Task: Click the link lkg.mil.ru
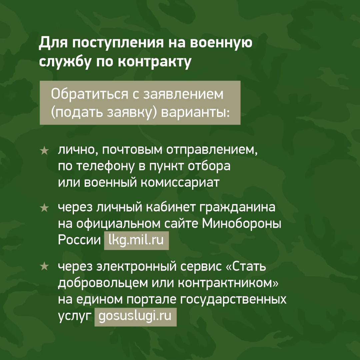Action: coord(136,240)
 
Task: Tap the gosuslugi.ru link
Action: coord(135,317)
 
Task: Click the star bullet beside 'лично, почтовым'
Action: coord(44,151)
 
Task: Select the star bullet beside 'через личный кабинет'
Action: coord(44,208)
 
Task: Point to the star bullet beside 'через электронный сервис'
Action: coord(44,266)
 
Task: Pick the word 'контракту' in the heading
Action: coord(155,62)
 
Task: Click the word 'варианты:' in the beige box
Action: coord(195,113)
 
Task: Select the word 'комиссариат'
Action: coord(180,183)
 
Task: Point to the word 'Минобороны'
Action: coord(242,224)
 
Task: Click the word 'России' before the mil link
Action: coord(79,240)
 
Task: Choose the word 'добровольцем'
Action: coord(103,283)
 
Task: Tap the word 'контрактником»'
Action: coord(228,283)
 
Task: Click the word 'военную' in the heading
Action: coord(221,43)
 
